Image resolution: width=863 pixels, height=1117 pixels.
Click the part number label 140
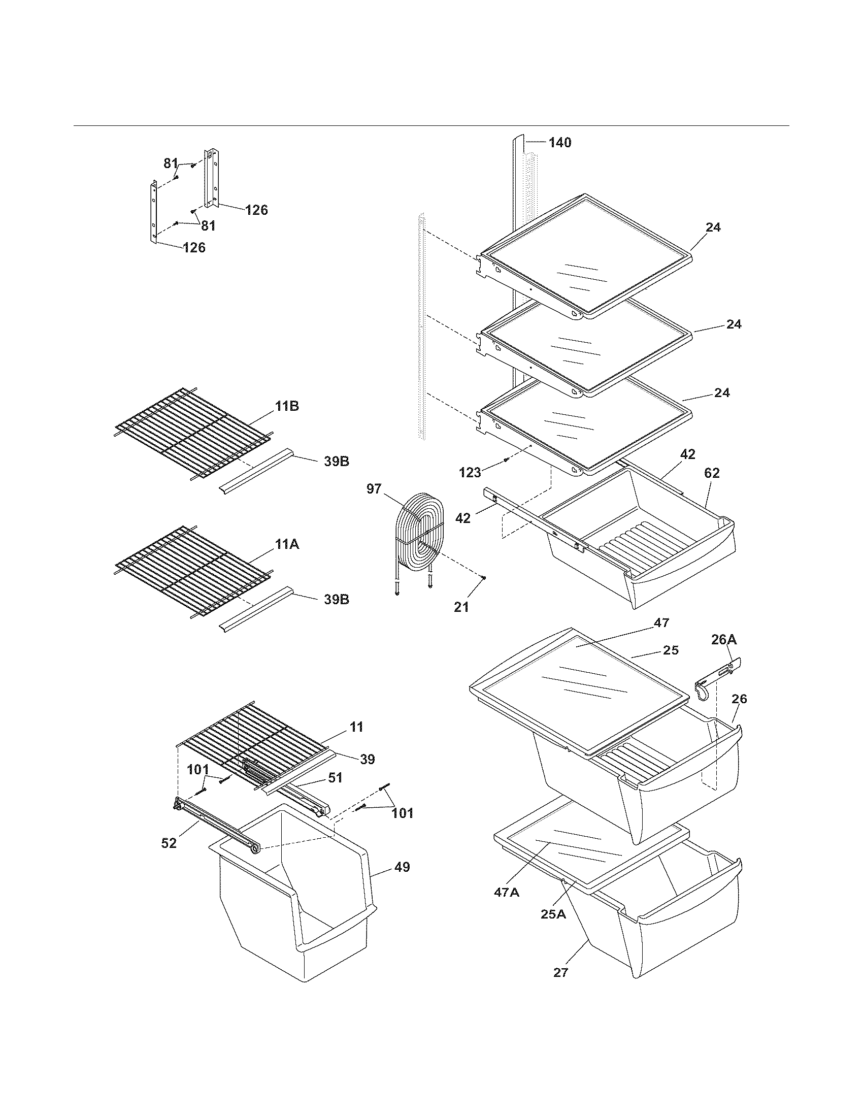pyautogui.click(x=560, y=143)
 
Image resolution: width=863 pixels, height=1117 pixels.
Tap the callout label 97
pyautogui.click(x=374, y=489)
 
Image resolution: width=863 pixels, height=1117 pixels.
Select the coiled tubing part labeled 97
pyautogui.click(x=417, y=535)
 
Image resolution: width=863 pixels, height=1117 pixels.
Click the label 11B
pyautogui.click(x=287, y=407)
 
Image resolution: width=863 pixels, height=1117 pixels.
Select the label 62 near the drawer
pyautogui.click(x=712, y=474)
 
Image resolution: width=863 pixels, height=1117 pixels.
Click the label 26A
pyautogui.click(x=724, y=639)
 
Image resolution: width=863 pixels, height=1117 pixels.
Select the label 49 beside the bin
pyautogui.click(x=403, y=867)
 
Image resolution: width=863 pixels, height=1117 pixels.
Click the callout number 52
pyautogui.click(x=169, y=843)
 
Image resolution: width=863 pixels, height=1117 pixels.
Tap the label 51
pyautogui.click(x=335, y=778)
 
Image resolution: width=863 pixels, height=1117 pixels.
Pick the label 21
pyautogui.click(x=461, y=607)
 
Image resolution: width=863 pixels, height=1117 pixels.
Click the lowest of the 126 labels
pyautogui.click(x=194, y=248)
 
